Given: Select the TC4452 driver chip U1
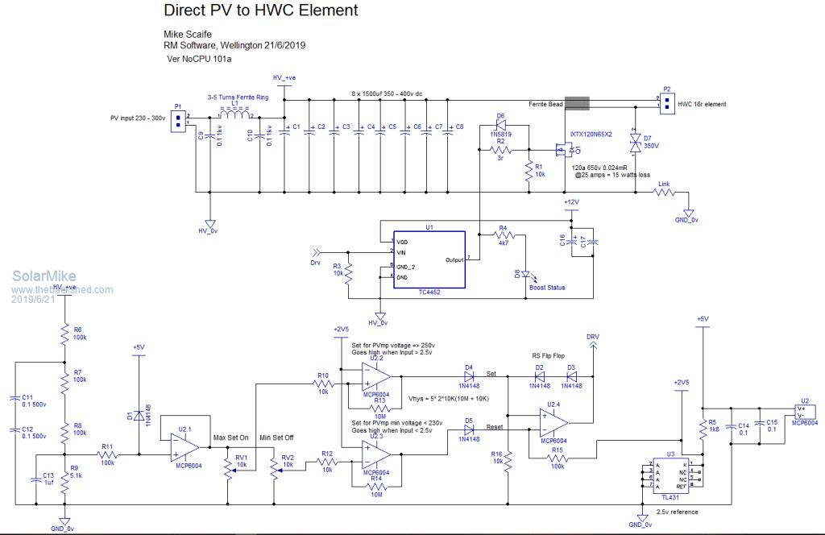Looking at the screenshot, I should coord(429,260).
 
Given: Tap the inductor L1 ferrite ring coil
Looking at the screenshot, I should coord(234,114).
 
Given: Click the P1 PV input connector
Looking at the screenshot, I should coord(180,118).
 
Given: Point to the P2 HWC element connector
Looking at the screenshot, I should coord(667,102).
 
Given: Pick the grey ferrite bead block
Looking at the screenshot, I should coord(577,103).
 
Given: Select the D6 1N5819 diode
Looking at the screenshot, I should coord(500,126).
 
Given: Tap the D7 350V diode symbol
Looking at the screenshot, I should coord(635,143).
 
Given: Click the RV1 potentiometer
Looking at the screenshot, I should coord(228,472).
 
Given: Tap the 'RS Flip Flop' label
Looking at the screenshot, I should coord(548,356).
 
